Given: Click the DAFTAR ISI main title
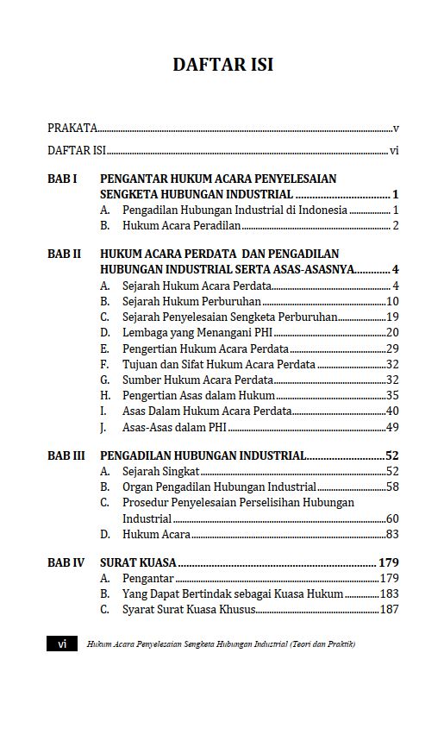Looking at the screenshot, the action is coord(223,65).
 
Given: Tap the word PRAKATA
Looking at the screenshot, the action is coord(72,129).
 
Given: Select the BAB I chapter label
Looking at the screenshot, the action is coord(62,179).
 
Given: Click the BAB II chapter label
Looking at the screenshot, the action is coord(64,254).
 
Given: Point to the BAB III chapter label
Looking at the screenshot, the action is coord(66,455).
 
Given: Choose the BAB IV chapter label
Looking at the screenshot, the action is coord(66,562).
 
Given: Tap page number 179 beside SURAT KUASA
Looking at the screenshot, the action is coord(388,562).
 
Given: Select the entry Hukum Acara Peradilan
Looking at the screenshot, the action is coord(181,226).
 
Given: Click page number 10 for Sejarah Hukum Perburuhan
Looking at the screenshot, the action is coord(392,301).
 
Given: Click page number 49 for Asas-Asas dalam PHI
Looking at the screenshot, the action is coord(392,426).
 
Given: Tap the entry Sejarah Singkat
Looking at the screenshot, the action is coord(161,471).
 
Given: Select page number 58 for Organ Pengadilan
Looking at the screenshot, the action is coord(392,487).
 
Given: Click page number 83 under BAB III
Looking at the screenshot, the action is coord(392,535).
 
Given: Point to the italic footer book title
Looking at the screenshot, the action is coord(221,644).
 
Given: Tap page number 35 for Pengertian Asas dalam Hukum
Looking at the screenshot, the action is coord(392,395).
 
